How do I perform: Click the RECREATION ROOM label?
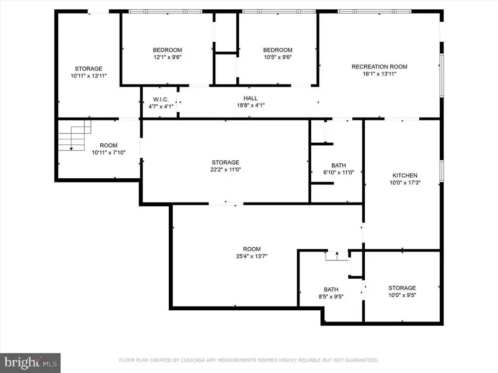point(379,67)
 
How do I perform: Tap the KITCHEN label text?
point(405,175)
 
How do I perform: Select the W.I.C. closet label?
point(160,100)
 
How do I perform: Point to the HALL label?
point(250,98)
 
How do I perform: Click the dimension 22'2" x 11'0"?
point(226,170)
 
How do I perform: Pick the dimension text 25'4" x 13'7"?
point(251,256)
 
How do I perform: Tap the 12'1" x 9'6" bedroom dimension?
point(167,57)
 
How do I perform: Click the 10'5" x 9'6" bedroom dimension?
point(278,57)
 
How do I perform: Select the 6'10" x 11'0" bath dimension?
point(338,172)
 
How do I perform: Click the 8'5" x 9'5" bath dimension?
point(331,297)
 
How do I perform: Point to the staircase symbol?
point(74,135)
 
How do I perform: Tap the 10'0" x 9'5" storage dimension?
point(402,295)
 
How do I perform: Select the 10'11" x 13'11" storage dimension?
point(89,76)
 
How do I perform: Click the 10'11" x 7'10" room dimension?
point(108,153)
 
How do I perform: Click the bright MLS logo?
point(30,363)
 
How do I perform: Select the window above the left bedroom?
point(165,12)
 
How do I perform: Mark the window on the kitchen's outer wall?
point(442,171)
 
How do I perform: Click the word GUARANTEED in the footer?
point(362,360)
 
